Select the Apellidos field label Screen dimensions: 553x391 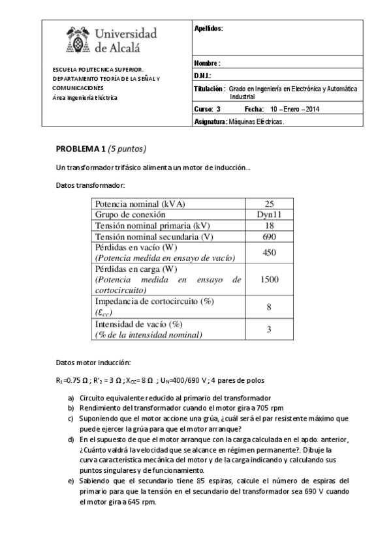pos(209,29)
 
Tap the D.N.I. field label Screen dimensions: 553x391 pos(204,76)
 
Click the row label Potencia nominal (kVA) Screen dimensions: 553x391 pos(140,203)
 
